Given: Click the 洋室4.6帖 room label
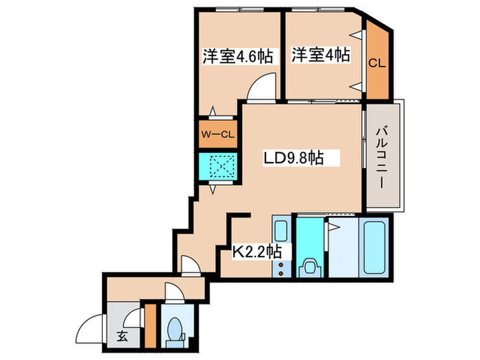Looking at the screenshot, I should (x=237, y=56).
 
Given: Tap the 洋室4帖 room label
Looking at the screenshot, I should (x=321, y=55).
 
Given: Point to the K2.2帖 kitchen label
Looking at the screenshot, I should (x=256, y=251).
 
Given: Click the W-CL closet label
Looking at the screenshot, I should (x=217, y=134).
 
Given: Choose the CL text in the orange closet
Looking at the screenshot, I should (x=376, y=63).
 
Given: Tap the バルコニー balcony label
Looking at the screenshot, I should (x=383, y=158).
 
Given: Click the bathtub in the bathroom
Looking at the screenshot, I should (x=374, y=246).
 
